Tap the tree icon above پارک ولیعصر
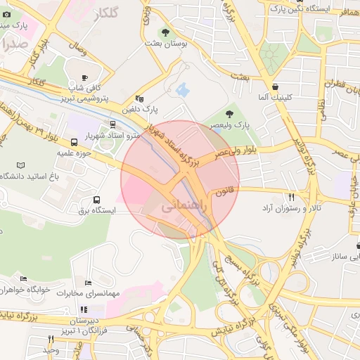click(x=229, y=114)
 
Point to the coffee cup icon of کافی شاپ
click(x=85, y=77)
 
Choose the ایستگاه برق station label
click(x=96, y=210)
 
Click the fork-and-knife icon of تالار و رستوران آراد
click(x=291, y=198)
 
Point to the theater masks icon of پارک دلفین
click(x=139, y=99)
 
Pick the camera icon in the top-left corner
click(x=6, y=13)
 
